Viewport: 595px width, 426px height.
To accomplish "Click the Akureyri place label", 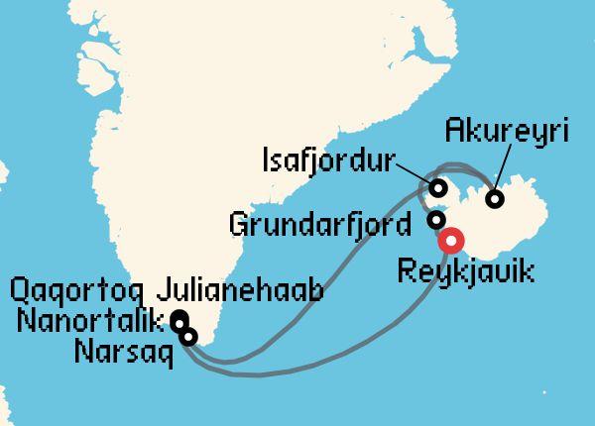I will [507, 132].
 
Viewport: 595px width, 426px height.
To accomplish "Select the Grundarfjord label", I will [319, 224].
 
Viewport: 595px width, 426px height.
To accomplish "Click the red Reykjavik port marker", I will [451, 241].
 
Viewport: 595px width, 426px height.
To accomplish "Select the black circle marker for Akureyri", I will [495, 199].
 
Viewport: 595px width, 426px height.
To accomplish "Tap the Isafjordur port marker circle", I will [437, 187].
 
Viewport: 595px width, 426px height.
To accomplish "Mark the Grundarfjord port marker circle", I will [435, 220].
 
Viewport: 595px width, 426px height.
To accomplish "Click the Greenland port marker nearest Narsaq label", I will [189, 337].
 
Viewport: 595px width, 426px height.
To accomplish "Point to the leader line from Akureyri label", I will [505, 168].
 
